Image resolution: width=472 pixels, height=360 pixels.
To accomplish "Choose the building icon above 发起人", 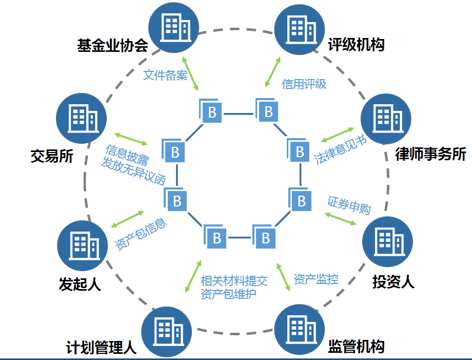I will pos(82,244).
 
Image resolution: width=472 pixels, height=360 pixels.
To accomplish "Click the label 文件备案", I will pos(165,75).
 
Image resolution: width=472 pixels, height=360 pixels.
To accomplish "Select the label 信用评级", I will pos(304,84).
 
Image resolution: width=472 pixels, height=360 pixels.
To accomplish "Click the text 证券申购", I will pos(349,204).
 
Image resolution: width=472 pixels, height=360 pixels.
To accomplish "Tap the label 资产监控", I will pos(316,279).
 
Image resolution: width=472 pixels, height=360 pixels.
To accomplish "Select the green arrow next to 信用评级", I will pos(273,71).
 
